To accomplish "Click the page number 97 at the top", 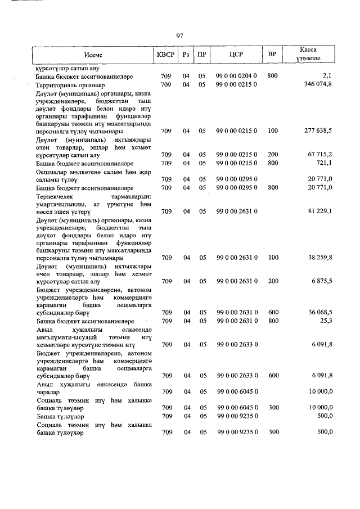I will click(x=180, y=36).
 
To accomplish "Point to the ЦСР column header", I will click(x=236, y=55).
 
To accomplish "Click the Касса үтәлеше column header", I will click(x=309, y=55).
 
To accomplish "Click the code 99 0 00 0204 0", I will click(x=236, y=75).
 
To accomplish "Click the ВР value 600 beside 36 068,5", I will click(x=273, y=312).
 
